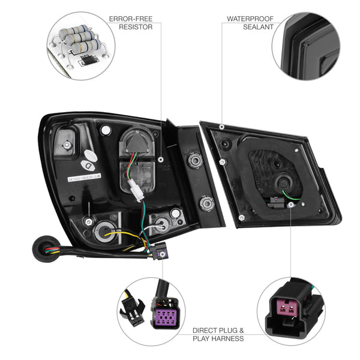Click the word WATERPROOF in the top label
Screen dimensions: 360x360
pyautogui.click(x=247, y=19)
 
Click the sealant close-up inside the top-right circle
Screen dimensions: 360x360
pyautogui.click(x=305, y=45)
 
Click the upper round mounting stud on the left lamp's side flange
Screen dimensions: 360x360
pyautogui.click(x=195, y=160)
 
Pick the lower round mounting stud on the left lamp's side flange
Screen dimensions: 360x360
pyautogui.click(x=206, y=203)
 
